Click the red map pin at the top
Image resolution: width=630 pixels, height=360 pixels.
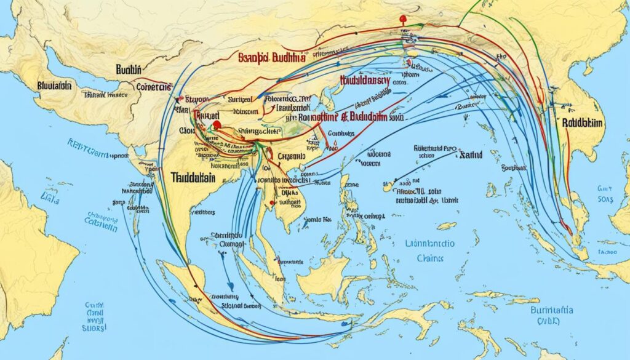pyautogui.click(x=403, y=20)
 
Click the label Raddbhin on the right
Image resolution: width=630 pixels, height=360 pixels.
pyautogui.click(x=583, y=122)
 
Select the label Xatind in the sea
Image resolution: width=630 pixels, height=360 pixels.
pyautogui.click(x=471, y=157)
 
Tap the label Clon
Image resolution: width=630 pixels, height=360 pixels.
pyautogui.click(x=188, y=130)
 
